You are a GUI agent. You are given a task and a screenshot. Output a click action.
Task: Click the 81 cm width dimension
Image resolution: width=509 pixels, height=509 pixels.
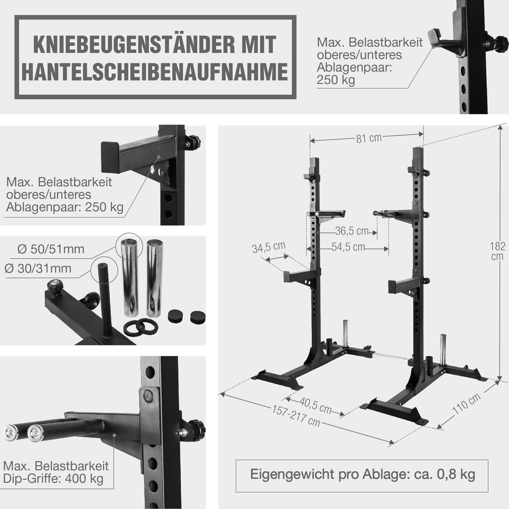pyautogui.click(x=369, y=138)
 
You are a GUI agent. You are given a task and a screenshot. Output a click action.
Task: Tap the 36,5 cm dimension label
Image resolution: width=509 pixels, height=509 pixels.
pyautogui.click(x=351, y=231)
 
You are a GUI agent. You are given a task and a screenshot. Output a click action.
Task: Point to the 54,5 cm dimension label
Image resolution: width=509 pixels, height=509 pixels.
pyautogui.click(x=348, y=247)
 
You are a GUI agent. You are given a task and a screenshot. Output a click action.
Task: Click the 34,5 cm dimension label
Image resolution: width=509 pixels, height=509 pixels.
pyautogui.click(x=269, y=247)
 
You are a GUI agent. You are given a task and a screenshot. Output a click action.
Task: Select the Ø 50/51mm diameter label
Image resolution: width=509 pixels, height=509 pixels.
pyautogui.click(x=51, y=249)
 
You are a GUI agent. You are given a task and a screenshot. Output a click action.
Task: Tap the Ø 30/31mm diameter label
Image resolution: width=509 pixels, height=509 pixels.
pyautogui.click(x=38, y=269)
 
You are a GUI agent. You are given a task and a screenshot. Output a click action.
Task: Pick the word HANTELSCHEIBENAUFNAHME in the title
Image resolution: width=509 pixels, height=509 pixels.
pyautogui.click(x=155, y=72)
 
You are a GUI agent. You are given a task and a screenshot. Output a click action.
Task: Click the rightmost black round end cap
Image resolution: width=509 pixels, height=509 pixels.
pyautogui.click(x=198, y=316)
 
